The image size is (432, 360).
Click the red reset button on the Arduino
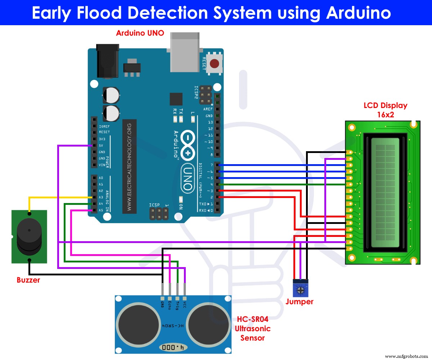pos(215,64)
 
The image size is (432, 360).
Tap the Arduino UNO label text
pos(140,33)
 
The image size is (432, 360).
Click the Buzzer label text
pos(28,280)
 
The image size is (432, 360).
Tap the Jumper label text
pos(299,302)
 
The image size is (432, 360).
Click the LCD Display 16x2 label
pos(385,109)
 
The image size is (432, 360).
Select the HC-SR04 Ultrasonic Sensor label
pos(252,328)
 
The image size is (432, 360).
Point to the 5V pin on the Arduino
pos(94,145)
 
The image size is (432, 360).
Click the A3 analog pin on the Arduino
pos(94,197)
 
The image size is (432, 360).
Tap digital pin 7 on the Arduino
pos(217,165)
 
